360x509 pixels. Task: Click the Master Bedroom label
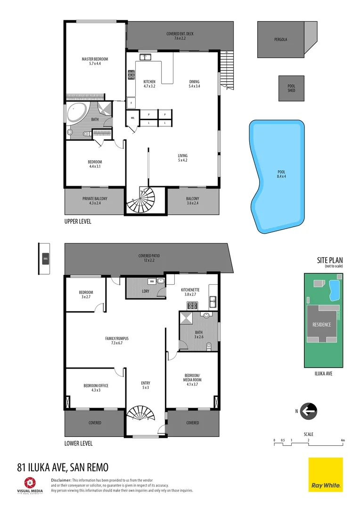pyautogui.click(x=95, y=61)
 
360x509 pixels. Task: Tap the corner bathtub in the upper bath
pyautogui.click(x=76, y=114)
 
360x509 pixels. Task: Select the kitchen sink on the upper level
pyautogui.click(x=145, y=57)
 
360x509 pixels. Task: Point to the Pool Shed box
pyautogui.click(x=291, y=88)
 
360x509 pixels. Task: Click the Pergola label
pyautogui.click(x=280, y=40)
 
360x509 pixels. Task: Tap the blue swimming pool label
pyautogui.click(x=282, y=174)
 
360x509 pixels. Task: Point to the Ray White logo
pyautogui.click(x=326, y=475)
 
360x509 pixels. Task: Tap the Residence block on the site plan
pyautogui.click(x=321, y=324)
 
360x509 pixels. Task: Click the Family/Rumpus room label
pyautogui.click(x=117, y=341)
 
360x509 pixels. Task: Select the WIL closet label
pyautogui.click(x=133, y=118)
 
